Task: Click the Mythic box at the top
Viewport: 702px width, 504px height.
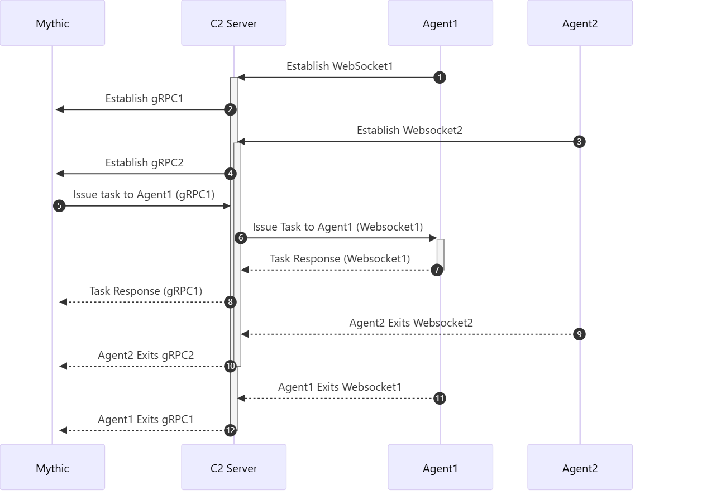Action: click(x=52, y=23)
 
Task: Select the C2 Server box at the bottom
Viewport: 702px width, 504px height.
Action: click(x=234, y=467)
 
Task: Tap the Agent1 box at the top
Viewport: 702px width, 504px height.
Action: click(x=440, y=23)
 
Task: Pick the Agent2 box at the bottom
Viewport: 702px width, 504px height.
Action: click(x=580, y=467)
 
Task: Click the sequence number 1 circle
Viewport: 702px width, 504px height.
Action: click(x=440, y=78)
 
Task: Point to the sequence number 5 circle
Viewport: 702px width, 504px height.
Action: click(x=59, y=206)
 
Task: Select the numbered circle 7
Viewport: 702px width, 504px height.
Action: click(x=437, y=270)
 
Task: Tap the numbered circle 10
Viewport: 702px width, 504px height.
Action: click(x=230, y=366)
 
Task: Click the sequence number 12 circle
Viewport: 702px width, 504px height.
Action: click(x=230, y=430)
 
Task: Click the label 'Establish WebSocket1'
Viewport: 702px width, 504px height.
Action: click(x=340, y=66)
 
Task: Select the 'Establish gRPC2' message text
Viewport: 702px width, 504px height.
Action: click(x=145, y=163)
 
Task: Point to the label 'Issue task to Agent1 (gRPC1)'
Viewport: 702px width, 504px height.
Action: click(x=144, y=195)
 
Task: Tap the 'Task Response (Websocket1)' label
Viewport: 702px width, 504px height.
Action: click(x=340, y=259)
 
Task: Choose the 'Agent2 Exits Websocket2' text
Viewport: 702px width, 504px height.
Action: click(x=411, y=323)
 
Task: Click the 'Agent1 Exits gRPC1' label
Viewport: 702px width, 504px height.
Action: click(x=146, y=419)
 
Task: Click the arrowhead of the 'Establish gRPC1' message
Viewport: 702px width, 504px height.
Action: click(x=60, y=109)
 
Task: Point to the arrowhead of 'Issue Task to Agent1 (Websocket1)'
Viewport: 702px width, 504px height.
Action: click(x=433, y=238)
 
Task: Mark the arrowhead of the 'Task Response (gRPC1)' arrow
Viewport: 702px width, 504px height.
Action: click(x=63, y=302)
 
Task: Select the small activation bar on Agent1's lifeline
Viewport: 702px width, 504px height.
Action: click(x=440, y=255)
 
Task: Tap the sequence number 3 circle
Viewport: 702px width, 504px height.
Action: click(x=579, y=142)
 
